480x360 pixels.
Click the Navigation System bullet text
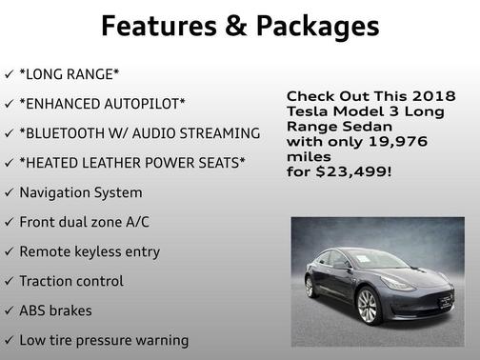coord(81,192)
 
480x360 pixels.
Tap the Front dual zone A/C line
coord(85,222)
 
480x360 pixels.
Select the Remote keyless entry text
coord(90,251)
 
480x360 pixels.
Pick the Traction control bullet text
coord(71,281)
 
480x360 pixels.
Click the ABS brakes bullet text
coord(56,310)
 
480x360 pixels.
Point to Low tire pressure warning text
coord(104,340)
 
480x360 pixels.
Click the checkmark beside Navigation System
coord(9,192)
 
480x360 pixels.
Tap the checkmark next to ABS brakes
coord(9,310)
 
